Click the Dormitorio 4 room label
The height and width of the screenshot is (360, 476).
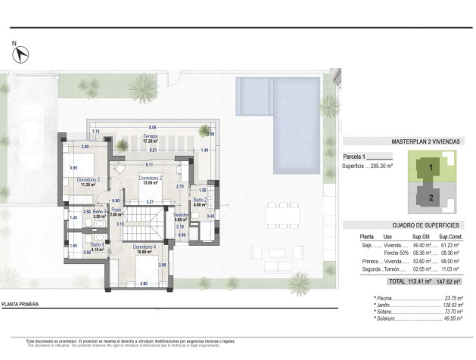(x=144, y=247)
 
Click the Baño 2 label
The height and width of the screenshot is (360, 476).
(x=199, y=200)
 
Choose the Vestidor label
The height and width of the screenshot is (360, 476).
(x=180, y=214)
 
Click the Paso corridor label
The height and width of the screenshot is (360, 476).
(x=117, y=210)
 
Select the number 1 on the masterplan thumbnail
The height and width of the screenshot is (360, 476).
(x=429, y=168)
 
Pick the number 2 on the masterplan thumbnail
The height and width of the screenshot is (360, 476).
(x=429, y=198)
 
